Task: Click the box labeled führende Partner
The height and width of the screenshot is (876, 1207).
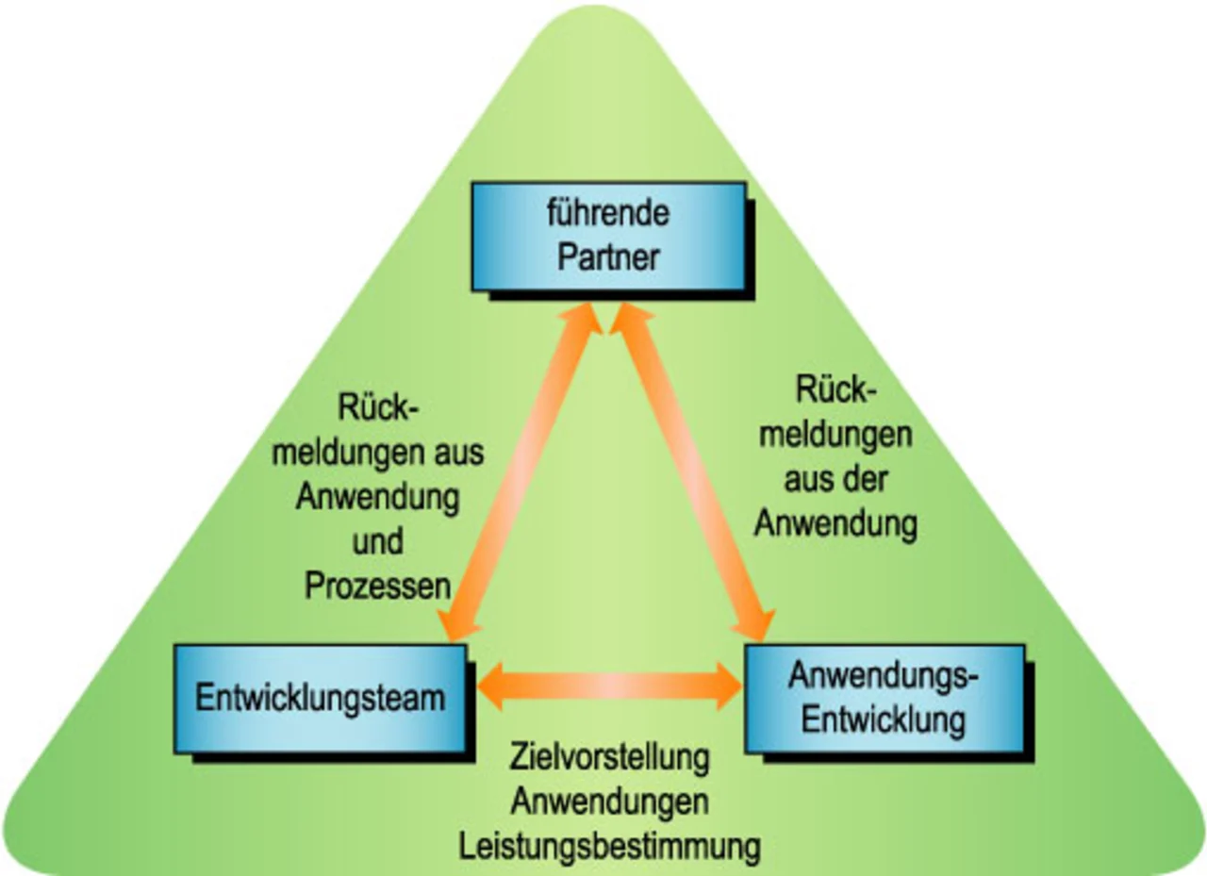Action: pyautogui.click(x=608, y=236)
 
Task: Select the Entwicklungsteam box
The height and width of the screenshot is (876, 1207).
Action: pyautogui.click(x=320, y=698)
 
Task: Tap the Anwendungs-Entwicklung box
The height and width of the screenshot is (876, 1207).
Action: pyautogui.click(x=885, y=698)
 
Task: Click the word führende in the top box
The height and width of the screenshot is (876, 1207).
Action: pyautogui.click(x=608, y=213)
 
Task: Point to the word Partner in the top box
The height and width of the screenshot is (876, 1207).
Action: pyautogui.click(x=608, y=256)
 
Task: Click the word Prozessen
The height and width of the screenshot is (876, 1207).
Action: pyautogui.click(x=377, y=587)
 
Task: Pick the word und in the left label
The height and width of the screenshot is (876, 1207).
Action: pyautogui.click(x=377, y=542)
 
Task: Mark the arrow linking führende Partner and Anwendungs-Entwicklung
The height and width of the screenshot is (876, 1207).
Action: pyautogui.click(x=693, y=471)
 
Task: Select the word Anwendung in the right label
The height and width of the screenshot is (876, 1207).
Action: pyautogui.click(x=835, y=524)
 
